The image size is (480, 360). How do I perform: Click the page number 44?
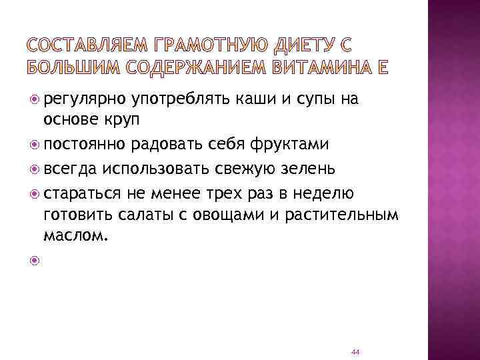[x=355, y=351]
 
